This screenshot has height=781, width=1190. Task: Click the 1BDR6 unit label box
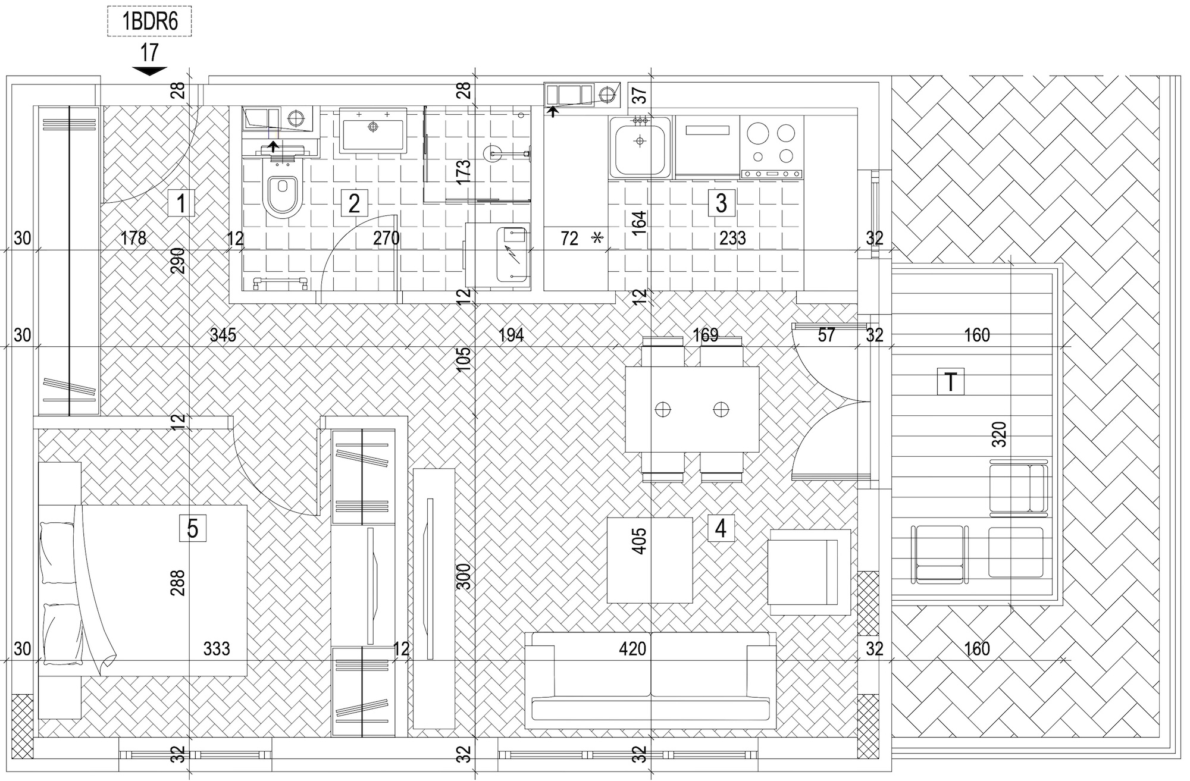[149, 22]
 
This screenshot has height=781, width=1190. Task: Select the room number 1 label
[181, 203]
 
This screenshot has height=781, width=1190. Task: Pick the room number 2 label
[354, 203]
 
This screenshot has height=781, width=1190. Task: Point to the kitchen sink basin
[640, 146]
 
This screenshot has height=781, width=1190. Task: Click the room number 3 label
[721, 203]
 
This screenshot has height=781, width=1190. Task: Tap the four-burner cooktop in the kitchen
[772, 146]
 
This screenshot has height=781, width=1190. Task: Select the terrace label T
[951, 382]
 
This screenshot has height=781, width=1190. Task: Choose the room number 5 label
[193, 528]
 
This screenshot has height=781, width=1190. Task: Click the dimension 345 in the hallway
[223, 335]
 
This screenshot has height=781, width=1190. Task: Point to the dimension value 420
[632, 648]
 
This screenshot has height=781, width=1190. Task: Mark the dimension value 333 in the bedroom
[217, 648]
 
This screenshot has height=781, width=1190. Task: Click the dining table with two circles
[693, 409]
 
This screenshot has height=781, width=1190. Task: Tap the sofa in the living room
[651, 680]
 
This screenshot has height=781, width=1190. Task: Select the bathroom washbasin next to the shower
[373, 130]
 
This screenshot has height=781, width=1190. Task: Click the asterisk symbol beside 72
[597, 239]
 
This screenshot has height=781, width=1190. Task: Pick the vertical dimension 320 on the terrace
[1000, 434]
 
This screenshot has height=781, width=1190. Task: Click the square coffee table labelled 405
[650, 560]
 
